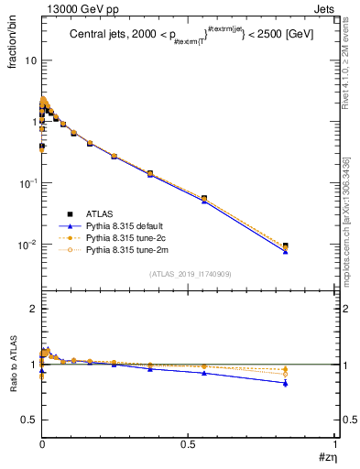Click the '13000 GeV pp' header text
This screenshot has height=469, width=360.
[74, 8]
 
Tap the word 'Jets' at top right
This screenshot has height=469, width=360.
[325, 8]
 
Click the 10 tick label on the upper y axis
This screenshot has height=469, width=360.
[29, 60]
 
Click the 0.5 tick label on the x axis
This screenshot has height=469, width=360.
[189, 443]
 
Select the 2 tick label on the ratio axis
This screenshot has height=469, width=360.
[33, 309]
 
